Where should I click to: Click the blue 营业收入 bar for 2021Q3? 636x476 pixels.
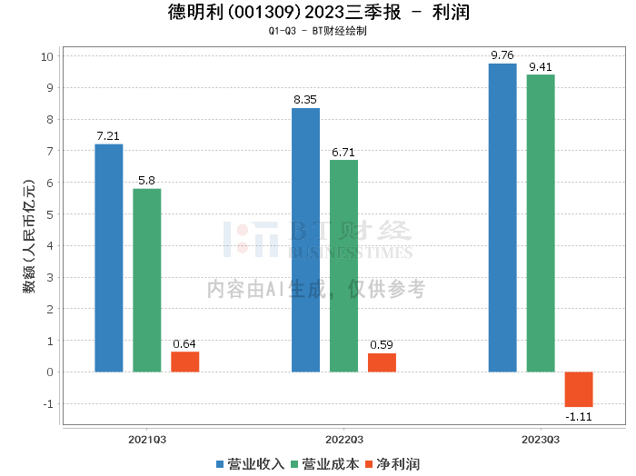(x=109, y=258)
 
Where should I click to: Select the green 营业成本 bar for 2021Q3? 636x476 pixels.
(x=147, y=280)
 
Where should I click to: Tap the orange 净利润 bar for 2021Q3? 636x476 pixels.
(x=185, y=362)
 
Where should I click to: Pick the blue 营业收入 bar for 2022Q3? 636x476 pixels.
(x=305, y=240)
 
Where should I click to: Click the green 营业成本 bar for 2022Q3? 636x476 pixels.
(x=343, y=266)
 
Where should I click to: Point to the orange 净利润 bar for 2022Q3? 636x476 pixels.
(x=382, y=362)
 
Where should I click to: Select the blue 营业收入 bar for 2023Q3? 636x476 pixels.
(x=502, y=218)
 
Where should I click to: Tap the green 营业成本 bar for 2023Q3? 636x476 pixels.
(x=541, y=223)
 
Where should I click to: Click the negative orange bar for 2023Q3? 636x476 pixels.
(x=579, y=389)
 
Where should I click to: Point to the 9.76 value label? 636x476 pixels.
(x=502, y=55)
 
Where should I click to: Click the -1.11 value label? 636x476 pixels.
(x=579, y=416)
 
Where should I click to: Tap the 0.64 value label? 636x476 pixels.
(x=185, y=343)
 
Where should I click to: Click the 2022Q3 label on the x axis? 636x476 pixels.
(x=343, y=438)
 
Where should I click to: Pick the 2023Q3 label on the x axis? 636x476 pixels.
(x=541, y=438)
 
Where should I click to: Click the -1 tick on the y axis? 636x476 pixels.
(x=49, y=403)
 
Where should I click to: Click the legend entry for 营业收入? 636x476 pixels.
(x=251, y=464)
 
